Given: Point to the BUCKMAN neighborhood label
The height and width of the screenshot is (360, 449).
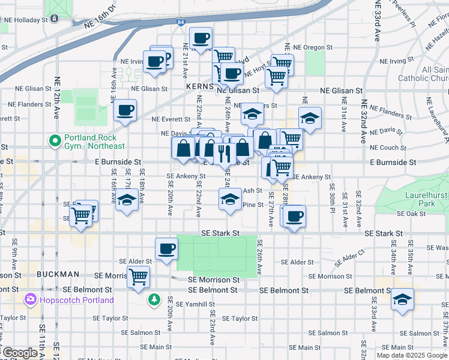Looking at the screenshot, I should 58,274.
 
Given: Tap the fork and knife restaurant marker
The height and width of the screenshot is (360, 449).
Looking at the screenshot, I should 224,154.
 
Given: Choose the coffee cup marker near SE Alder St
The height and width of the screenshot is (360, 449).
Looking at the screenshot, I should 166,248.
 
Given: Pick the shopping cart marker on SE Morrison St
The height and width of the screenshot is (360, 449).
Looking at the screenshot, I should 139,277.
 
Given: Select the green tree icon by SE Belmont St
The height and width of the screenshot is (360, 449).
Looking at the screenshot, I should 155,298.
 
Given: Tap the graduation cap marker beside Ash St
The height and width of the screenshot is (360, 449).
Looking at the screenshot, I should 229,199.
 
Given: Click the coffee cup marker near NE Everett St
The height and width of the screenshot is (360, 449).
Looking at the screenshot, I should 125,110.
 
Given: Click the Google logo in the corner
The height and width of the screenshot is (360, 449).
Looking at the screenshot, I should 19,353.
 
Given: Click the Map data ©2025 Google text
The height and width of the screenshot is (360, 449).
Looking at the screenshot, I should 411,355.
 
